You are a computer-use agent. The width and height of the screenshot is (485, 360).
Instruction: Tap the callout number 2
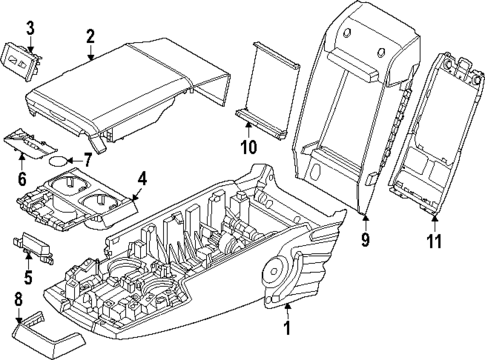click(x=90, y=37)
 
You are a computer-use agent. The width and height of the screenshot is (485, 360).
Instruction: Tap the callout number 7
click(x=86, y=158)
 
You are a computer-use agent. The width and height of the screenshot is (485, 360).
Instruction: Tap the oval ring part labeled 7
click(x=62, y=158)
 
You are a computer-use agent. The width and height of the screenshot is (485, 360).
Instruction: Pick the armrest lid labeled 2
click(x=120, y=85)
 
